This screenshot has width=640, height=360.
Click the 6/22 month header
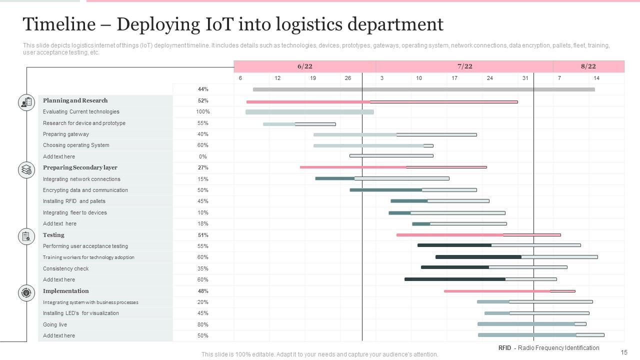coord(304,66)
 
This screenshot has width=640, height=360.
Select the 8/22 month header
coord(588,66)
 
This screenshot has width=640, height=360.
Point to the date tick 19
coord(313,78)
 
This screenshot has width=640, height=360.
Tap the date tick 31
coord(525,78)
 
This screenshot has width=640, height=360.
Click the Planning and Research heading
coord(75,100)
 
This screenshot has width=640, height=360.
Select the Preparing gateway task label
coord(66,134)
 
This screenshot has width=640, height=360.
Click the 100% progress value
coord(202,112)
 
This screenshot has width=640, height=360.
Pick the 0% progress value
coord(202,156)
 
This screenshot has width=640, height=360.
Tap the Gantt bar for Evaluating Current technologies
coord(309,112)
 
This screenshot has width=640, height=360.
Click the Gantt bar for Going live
coord(531,324)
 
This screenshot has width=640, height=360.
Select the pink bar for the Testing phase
coord(478,235)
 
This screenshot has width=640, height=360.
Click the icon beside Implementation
coord(26,292)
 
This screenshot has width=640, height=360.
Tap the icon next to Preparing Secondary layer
coord(26,170)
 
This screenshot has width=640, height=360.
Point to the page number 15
coord(624,352)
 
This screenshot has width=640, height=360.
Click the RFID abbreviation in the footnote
coord(504,348)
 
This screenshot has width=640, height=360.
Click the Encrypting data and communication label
coord(85,190)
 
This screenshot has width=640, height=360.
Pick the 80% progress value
coord(202,324)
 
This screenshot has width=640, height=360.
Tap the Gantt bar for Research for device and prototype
coord(299,124)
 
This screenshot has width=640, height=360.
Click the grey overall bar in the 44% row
coord(423,89)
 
